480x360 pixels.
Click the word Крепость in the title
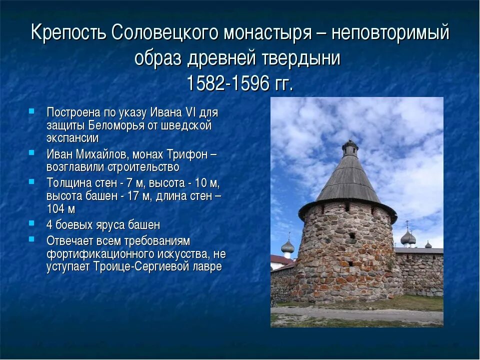coord(68,33)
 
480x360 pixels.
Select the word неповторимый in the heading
coord(390,33)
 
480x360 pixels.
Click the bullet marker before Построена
coord(31,111)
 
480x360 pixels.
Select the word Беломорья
coord(117,125)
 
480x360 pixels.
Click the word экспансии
coord(72,138)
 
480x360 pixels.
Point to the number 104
coord(56,208)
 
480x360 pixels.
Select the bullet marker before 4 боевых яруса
coord(31,224)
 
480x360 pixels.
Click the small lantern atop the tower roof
coord(349,148)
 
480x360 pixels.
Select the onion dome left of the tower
coord(287,246)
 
